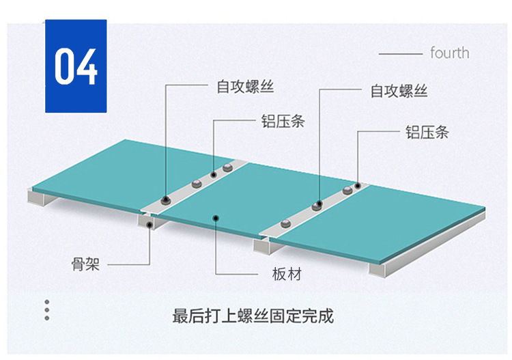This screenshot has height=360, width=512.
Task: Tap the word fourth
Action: [x=449, y=53]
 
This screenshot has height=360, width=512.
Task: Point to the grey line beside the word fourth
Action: [x=400, y=53]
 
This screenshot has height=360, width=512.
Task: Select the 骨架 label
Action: [x=86, y=264]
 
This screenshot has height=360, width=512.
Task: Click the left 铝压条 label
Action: [x=283, y=122]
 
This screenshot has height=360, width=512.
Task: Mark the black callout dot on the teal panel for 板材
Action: [x=216, y=218]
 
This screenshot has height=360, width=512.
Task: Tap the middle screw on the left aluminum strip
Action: [x=196, y=182]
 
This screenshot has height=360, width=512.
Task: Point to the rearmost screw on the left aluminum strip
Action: [x=227, y=168]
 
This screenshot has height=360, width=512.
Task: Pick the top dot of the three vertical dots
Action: [x=46, y=301]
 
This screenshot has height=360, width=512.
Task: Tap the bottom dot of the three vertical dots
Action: [x=46, y=318]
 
